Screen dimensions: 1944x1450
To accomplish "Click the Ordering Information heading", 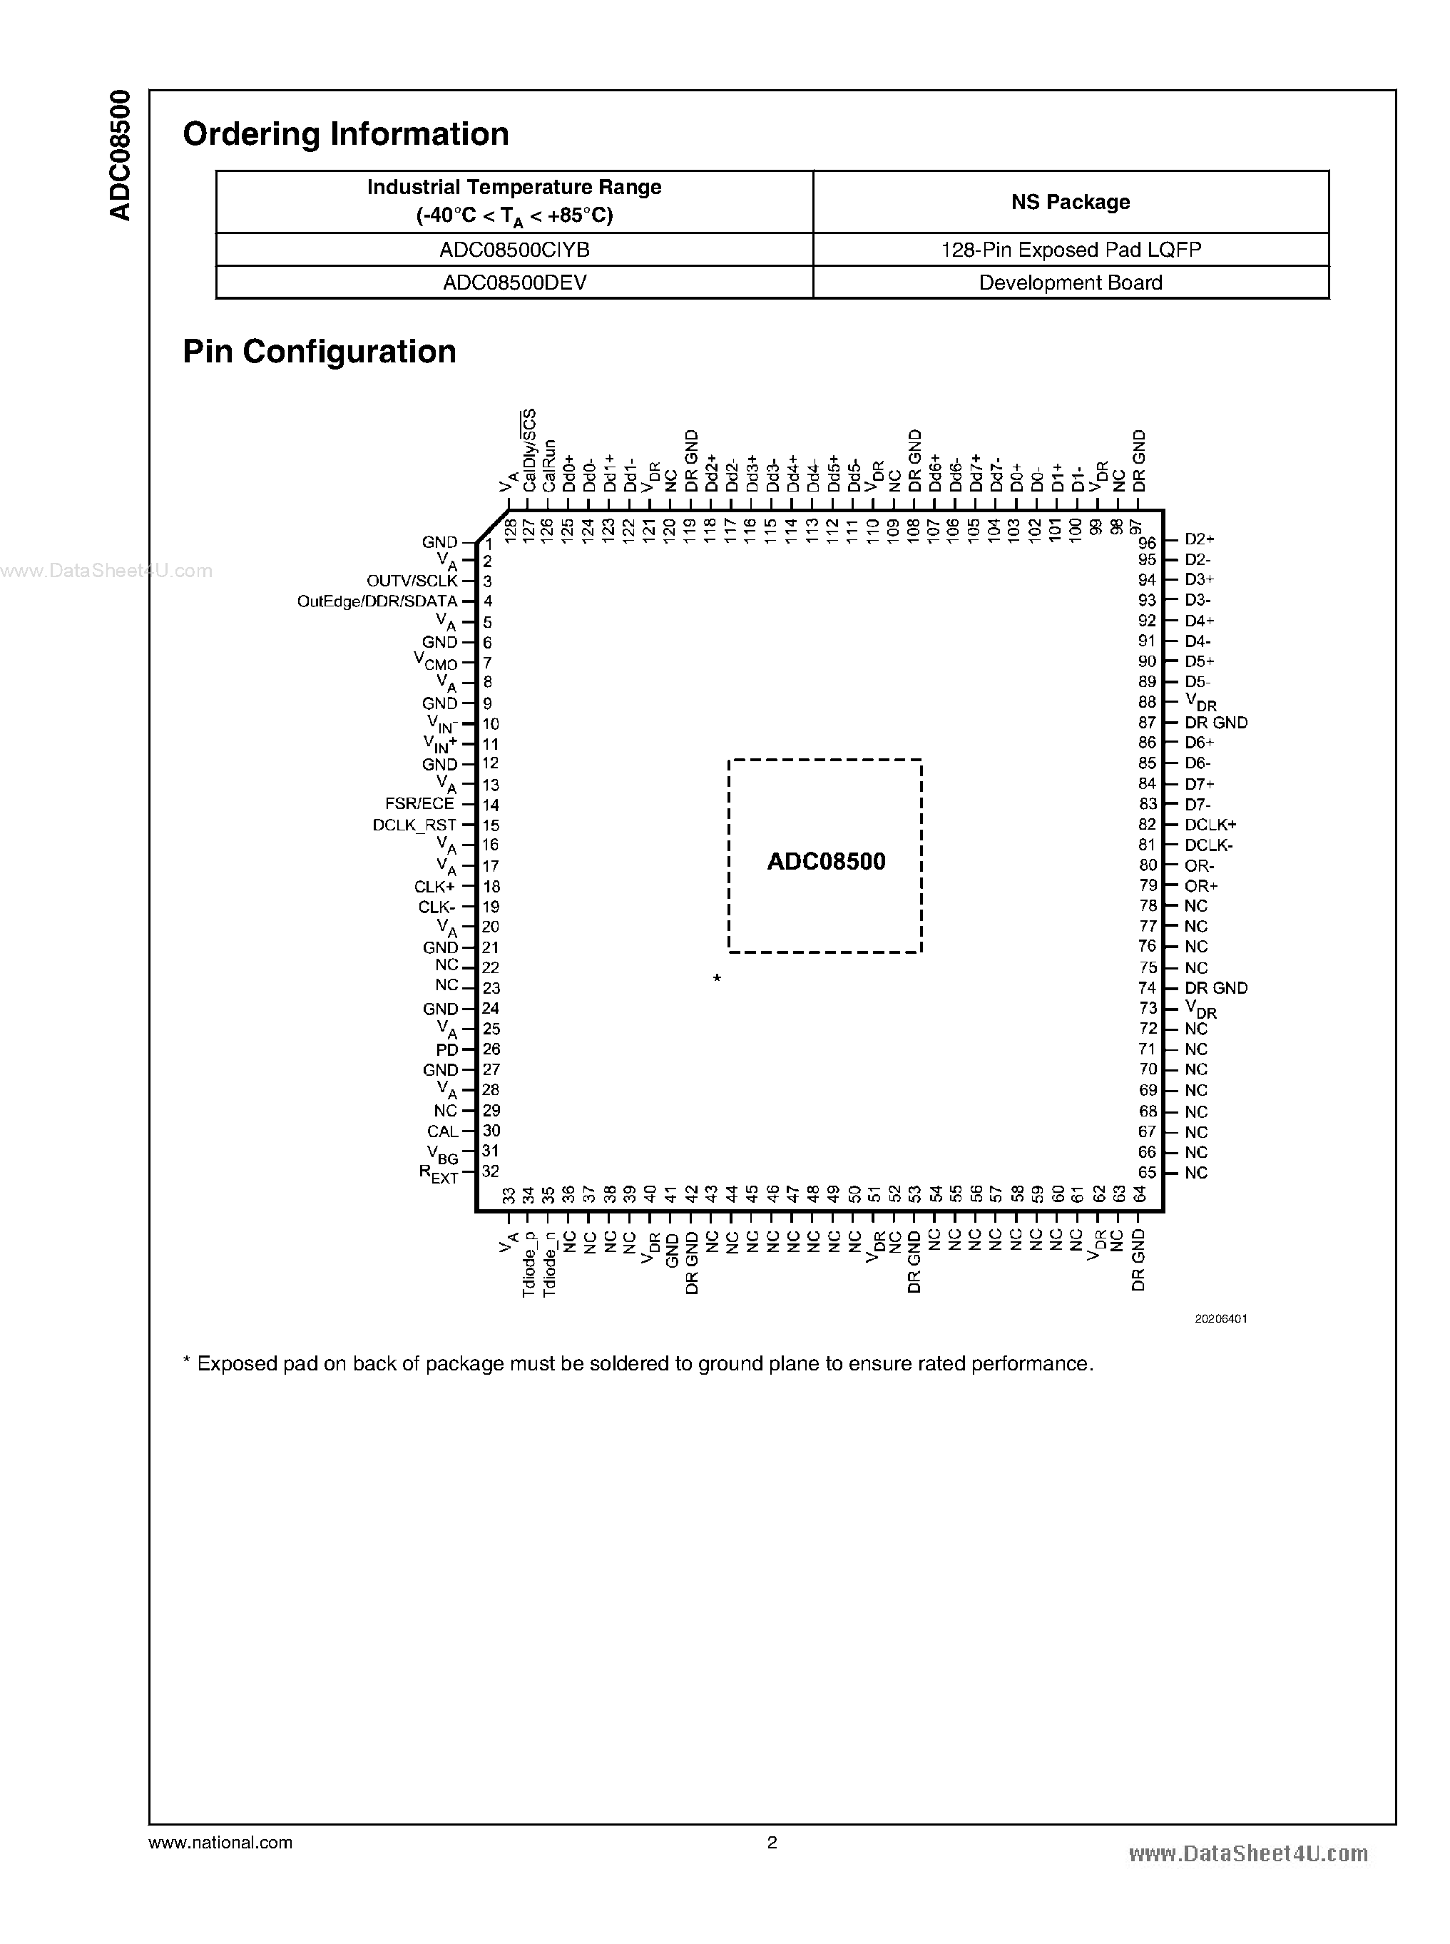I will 346,134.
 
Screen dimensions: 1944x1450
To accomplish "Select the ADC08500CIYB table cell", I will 514,250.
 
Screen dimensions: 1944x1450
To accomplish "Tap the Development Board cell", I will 1070,283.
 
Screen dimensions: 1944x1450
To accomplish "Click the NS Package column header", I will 1070,202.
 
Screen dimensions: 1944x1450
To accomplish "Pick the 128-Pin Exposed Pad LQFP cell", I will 1070,250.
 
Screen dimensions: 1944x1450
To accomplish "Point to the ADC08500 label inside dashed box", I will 826,861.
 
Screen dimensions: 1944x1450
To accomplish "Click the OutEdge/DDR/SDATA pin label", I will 377,601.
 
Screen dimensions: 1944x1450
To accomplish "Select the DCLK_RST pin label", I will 414,825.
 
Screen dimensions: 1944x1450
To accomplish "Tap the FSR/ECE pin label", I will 419,804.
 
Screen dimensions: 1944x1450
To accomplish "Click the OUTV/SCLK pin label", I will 412,581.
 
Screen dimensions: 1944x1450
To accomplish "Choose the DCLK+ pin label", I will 1210,825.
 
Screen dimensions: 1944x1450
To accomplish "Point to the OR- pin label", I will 1199,866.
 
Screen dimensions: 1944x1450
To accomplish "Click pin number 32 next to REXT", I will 491,1171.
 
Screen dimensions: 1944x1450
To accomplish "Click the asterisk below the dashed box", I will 717,978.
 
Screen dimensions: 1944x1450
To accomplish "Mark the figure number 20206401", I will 1220,1319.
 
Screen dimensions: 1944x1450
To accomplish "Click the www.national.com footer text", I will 220,1843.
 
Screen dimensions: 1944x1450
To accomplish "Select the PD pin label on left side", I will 446,1050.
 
